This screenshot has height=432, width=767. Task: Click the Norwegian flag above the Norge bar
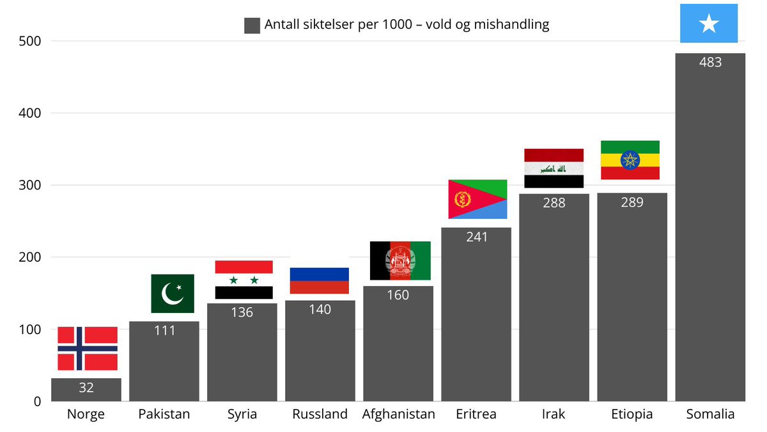[88, 348]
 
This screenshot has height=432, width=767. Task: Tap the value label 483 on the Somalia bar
[710, 62]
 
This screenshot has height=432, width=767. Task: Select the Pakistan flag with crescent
[172, 294]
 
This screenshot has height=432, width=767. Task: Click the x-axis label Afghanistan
[398, 414]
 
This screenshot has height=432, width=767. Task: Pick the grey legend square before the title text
[252, 26]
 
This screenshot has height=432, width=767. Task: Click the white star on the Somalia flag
[709, 24]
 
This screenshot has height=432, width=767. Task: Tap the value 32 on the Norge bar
[86, 388]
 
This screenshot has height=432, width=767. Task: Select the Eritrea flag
[477, 199]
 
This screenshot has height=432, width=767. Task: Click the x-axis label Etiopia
[631, 414]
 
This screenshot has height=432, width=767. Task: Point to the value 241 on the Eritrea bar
[477, 237]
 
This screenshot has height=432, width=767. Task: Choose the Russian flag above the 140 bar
[320, 280]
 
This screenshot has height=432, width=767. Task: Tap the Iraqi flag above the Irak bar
[554, 168]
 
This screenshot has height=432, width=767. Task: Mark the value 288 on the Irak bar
[554, 203]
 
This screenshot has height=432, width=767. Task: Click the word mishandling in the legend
[511, 25]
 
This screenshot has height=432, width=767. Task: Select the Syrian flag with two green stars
[244, 280]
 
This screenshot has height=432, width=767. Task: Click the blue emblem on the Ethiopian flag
[630, 160]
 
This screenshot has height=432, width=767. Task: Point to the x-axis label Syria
[242, 414]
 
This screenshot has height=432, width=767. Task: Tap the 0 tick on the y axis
[37, 402]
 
